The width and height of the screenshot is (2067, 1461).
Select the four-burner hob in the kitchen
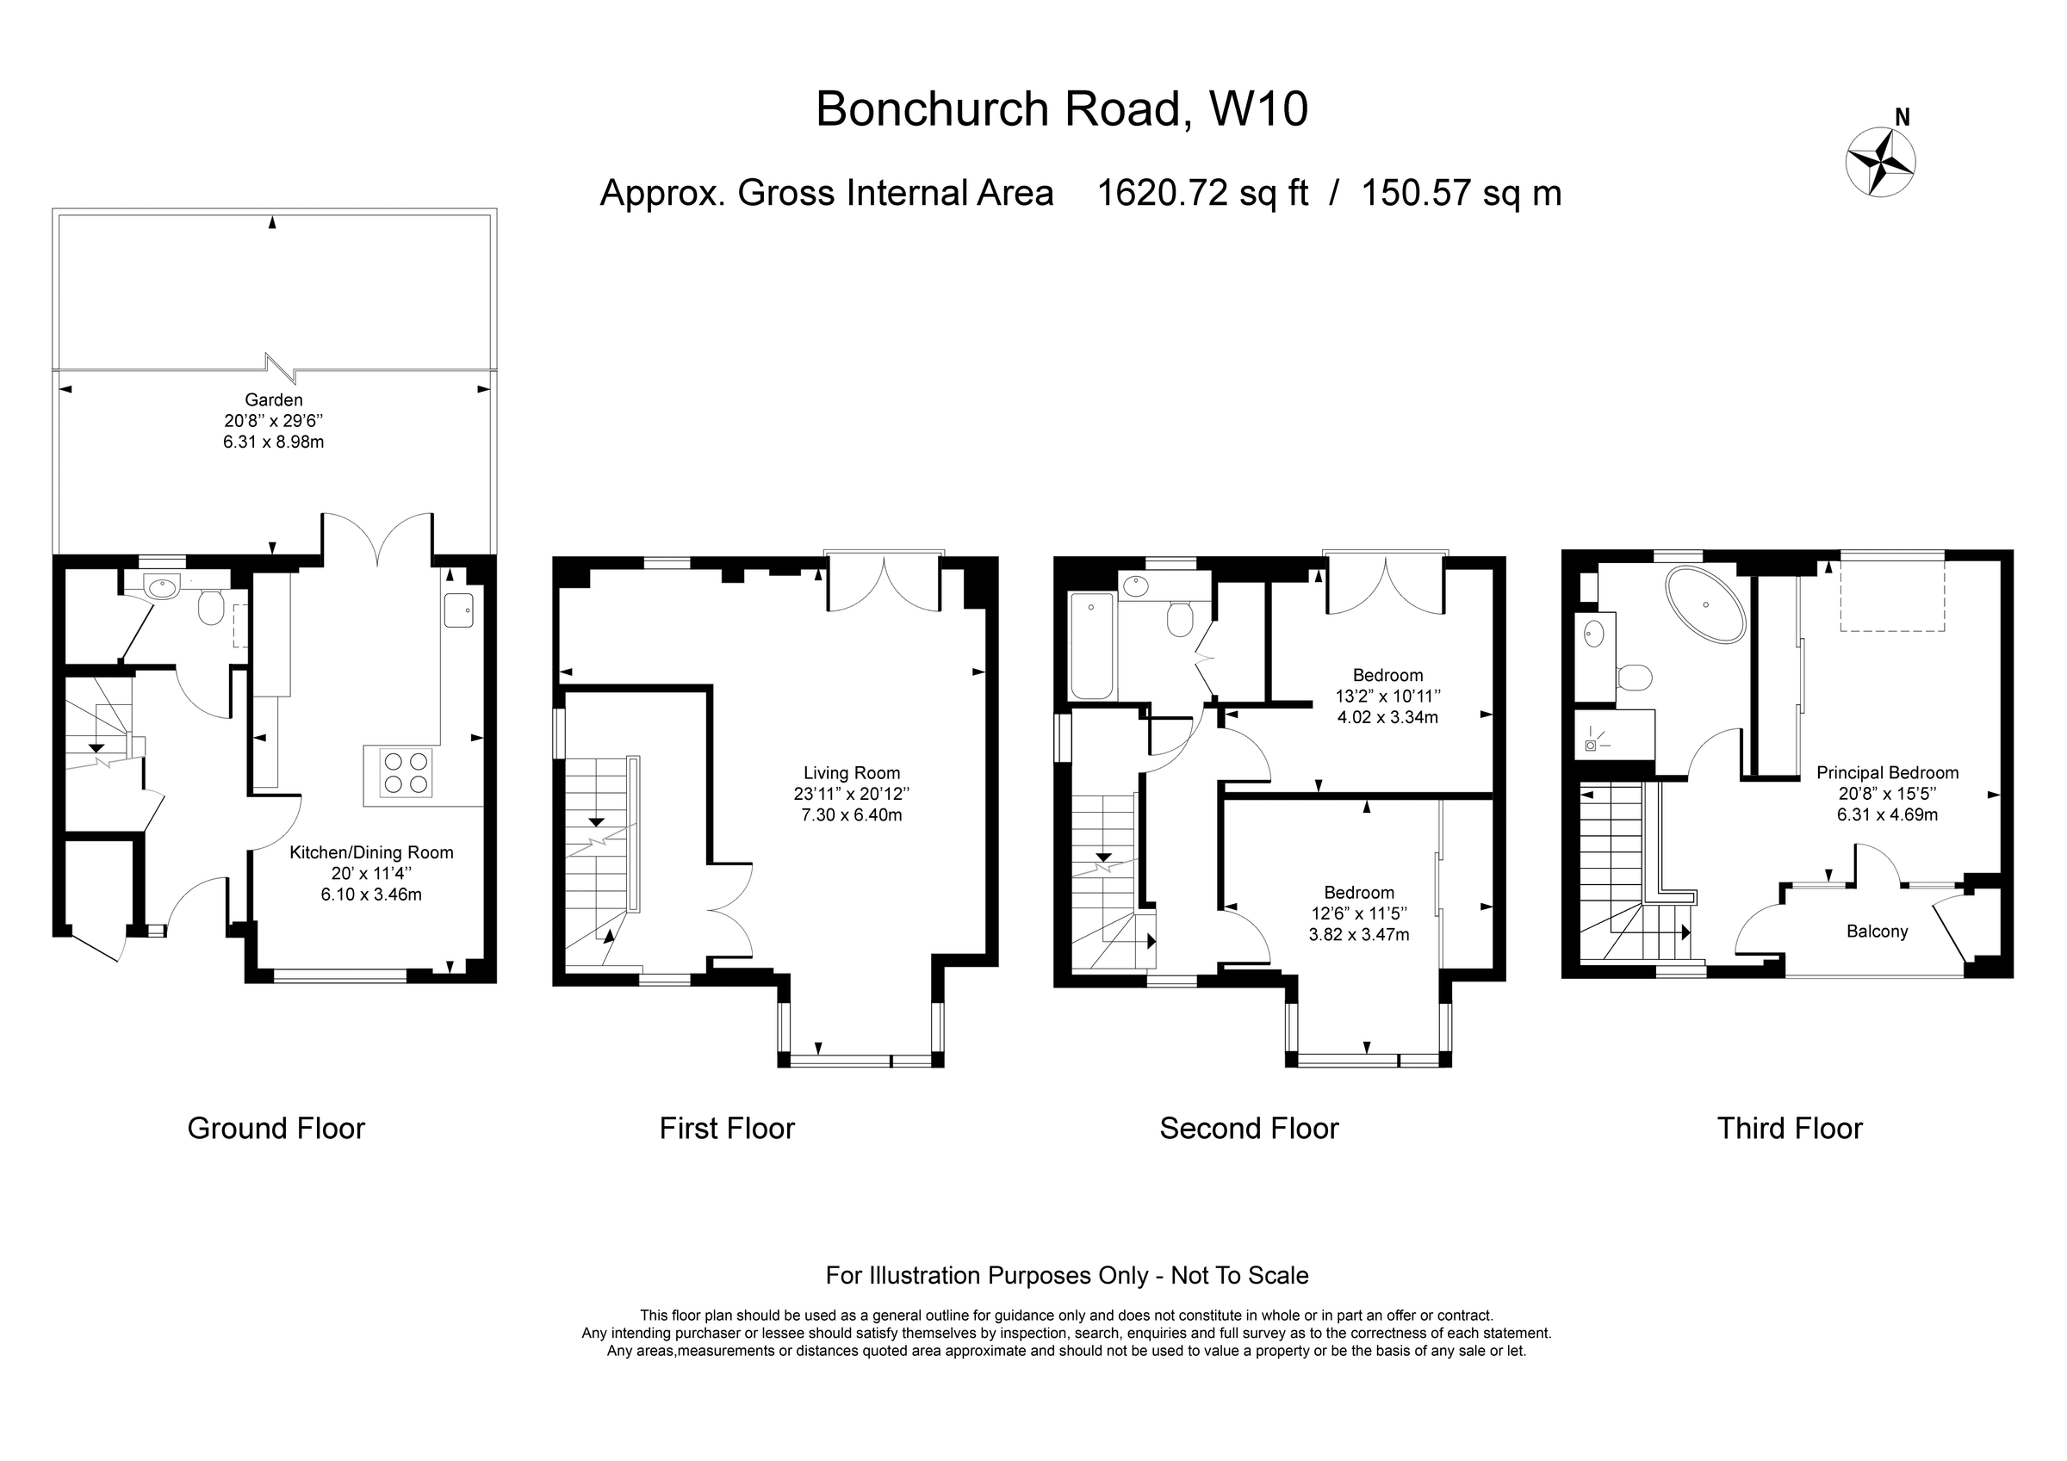pos(406,772)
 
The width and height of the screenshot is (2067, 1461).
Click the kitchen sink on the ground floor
pos(457,610)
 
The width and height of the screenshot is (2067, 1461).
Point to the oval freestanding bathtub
pos(1706,604)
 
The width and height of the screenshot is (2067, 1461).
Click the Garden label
pos(274,399)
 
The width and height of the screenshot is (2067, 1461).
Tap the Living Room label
pos(852,772)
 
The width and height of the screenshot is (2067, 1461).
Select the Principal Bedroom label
pos(1887,772)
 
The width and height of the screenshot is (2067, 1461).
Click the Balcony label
pos(1877,932)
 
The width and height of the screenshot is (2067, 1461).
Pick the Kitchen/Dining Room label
pos(371,852)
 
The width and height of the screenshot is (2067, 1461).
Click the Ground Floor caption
pos(276,1129)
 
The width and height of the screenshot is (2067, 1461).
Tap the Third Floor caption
pos(1789,1129)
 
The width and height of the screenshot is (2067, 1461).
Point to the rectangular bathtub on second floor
pos(1092,645)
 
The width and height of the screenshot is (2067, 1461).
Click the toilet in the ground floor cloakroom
pos(211,608)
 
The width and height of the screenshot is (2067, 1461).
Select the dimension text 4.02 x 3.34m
pos(1387,717)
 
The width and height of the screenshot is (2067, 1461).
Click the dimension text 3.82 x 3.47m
pos(1358,934)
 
